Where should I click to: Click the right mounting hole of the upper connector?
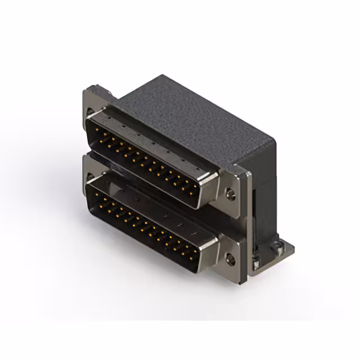click(x=230, y=196)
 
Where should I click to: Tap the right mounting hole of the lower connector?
click(x=230, y=259)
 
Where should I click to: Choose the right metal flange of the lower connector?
click(x=231, y=253)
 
